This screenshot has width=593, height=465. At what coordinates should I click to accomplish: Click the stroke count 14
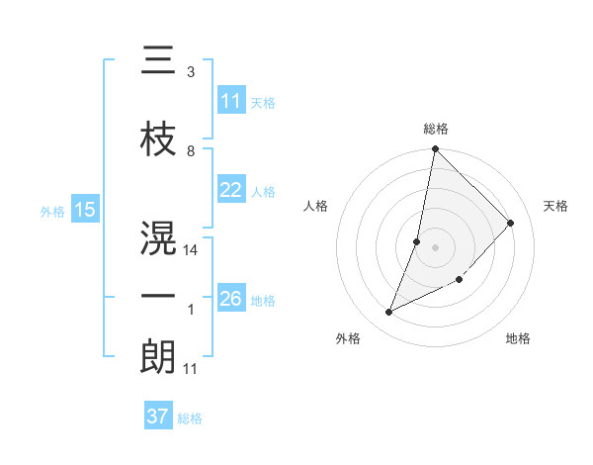191,250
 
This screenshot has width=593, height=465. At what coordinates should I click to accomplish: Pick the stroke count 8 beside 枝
191,151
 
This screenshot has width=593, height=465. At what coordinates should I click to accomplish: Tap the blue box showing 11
231,101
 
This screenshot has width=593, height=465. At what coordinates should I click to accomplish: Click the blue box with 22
231,191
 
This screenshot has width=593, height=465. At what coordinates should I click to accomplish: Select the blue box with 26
231,299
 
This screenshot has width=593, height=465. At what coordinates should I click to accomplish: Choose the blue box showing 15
84,210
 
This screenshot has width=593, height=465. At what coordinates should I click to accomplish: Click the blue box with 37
157,417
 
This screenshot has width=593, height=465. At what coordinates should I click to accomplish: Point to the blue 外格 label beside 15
52,211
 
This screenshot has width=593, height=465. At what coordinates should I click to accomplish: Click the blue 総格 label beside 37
190,418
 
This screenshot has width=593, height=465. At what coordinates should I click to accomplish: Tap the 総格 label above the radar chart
436,129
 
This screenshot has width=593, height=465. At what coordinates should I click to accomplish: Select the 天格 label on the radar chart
555,206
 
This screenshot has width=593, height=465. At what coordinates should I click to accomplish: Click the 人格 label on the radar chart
316,206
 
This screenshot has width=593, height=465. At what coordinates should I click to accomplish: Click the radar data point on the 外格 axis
389,313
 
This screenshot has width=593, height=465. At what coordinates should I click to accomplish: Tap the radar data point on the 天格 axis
511,223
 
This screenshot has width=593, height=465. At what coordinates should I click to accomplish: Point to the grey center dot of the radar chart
436,247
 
